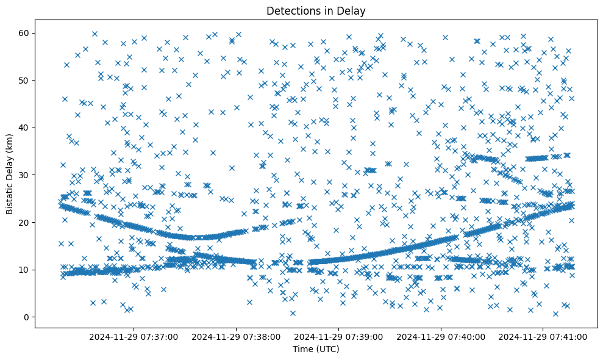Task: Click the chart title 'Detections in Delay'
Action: [316, 10]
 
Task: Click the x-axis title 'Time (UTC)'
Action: [316, 349]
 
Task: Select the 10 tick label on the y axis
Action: [25, 270]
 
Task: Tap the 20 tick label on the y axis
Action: [25, 222]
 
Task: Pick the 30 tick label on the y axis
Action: [25, 175]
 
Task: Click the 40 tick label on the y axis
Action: [25, 128]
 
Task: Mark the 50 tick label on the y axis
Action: [25, 80]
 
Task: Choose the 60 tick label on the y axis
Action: [25, 33]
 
